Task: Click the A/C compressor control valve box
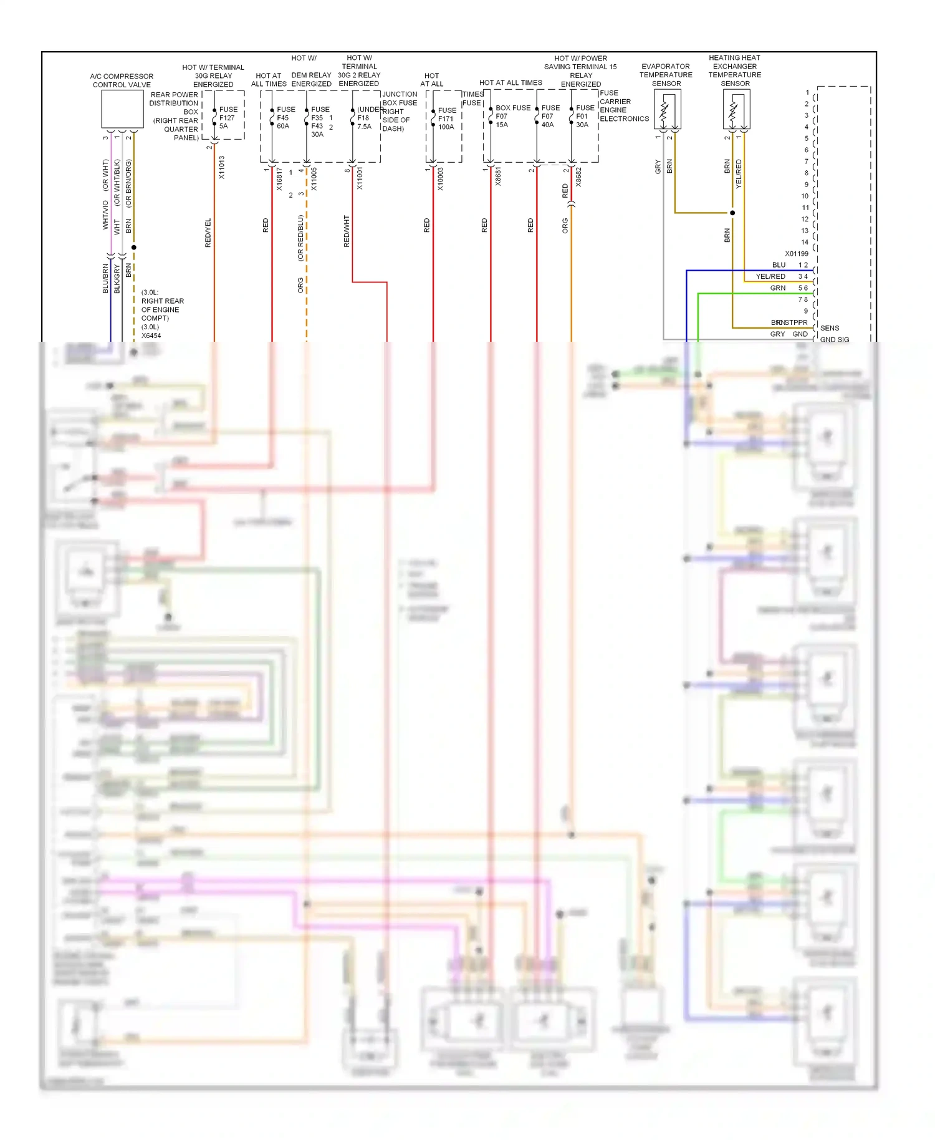(122, 109)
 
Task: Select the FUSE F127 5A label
(228, 117)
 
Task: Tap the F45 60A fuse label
(285, 117)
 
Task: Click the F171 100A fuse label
(446, 118)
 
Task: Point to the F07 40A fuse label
(549, 116)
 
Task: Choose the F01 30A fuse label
(584, 116)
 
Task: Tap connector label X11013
(221, 167)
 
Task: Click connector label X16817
(279, 178)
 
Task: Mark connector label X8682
(578, 176)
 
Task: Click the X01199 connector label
(796, 254)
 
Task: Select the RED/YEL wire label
(208, 233)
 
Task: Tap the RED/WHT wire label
(347, 231)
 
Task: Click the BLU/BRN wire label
(105, 278)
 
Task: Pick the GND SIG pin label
(834, 339)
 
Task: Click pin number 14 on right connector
(805, 242)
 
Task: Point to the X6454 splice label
(151, 336)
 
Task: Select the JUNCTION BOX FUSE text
(400, 99)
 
